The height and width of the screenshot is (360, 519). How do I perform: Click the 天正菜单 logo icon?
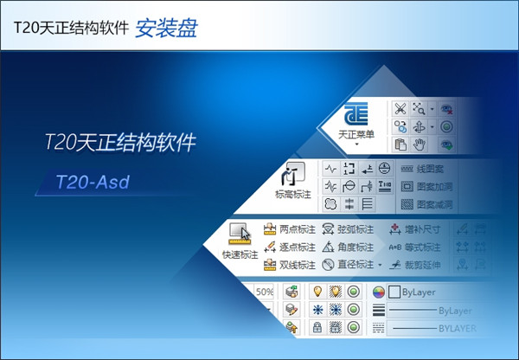click(x=356, y=116)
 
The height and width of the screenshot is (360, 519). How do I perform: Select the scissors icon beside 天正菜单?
click(x=400, y=108)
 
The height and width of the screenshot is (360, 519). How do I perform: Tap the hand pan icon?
click(x=420, y=144)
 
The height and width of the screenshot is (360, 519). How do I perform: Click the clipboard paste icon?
click(x=400, y=144)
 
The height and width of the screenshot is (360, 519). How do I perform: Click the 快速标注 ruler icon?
click(x=240, y=235)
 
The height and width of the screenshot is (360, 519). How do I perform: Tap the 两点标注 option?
click(x=285, y=230)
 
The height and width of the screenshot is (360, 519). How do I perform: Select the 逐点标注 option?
click(x=285, y=247)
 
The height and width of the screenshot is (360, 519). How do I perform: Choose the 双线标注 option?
click(x=285, y=265)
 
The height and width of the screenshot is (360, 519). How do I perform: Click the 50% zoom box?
click(x=265, y=292)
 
